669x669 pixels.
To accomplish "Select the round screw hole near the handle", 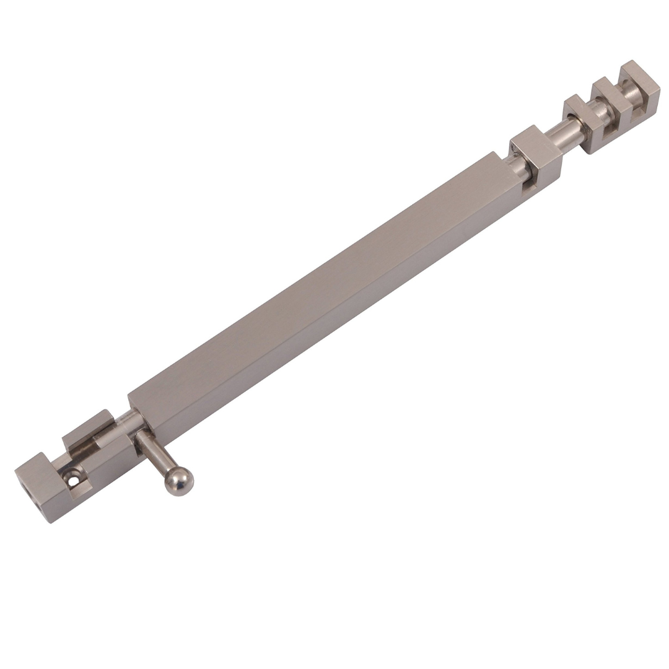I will click(x=74, y=479).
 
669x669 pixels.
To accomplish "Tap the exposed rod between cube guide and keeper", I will click(x=567, y=134).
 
